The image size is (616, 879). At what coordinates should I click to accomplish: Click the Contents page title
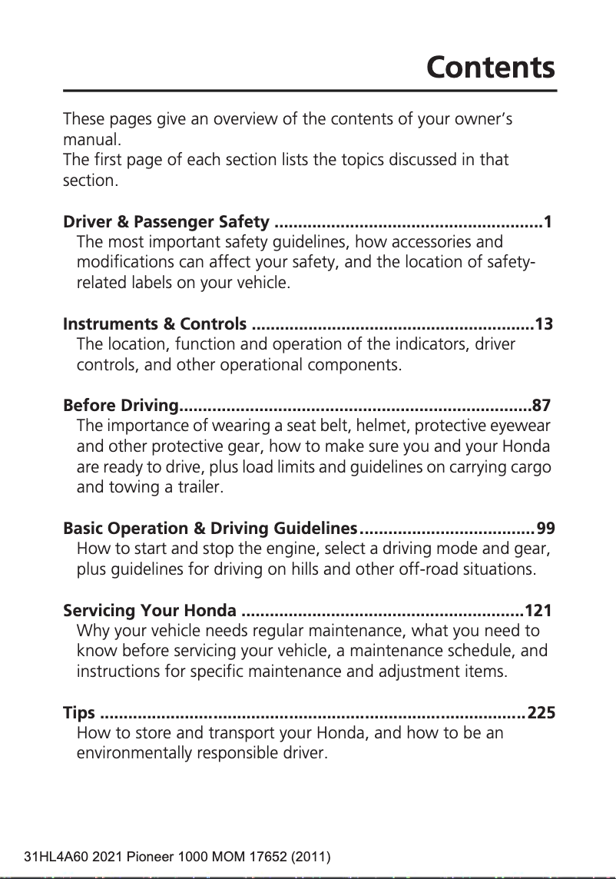click(490, 68)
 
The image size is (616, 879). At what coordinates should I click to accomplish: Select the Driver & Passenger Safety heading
click(166, 224)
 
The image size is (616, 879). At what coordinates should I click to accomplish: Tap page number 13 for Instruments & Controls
click(543, 324)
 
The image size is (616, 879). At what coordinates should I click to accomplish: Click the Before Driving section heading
click(121, 405)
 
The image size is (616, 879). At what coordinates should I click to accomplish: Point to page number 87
click(541, 405)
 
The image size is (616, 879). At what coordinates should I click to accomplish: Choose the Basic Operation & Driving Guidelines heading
click(210, 529)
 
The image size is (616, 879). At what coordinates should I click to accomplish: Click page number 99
click(545, 529)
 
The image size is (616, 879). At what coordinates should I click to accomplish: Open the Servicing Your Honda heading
click(149, 612)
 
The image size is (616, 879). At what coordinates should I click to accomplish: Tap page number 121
click(538, 612)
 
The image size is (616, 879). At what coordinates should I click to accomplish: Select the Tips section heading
click(78, 713)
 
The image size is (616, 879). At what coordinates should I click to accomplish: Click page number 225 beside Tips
click(541, 713)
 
